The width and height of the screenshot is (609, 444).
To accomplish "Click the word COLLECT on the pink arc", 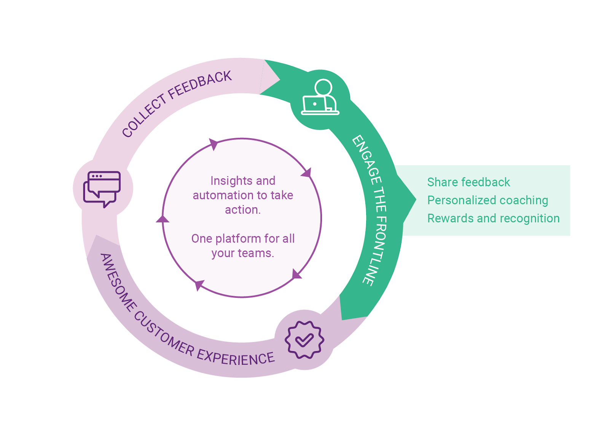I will [144, 116].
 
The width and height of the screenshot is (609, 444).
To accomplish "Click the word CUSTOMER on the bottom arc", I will [164, 334].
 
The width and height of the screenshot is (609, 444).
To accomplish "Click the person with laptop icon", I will [320, 98].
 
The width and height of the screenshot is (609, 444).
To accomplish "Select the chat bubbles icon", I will [102, 188].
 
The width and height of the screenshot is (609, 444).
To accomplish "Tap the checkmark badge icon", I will [304, 340].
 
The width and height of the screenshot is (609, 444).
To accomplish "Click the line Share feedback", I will [468, 182].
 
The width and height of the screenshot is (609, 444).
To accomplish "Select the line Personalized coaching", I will [488, 200].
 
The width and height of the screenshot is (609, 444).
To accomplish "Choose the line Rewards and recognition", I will [493, 219].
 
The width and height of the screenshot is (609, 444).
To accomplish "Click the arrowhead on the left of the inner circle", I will [163, 219].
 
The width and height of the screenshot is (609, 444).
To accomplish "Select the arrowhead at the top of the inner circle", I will [214, 144].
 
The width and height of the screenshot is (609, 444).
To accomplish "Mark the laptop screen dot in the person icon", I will [314, 104].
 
